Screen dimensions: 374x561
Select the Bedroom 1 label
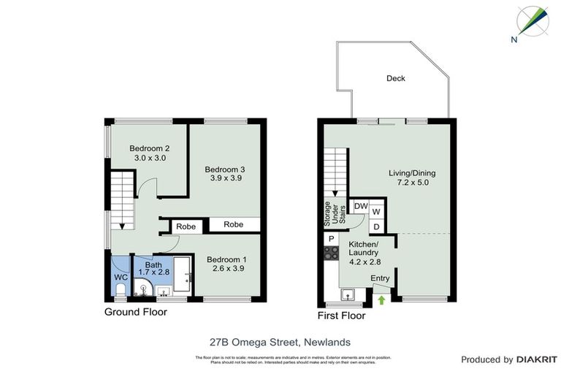[x=226, y=259]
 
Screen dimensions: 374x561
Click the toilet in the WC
[x=120, y=291]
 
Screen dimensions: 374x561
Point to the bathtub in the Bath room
[x=183, y=275]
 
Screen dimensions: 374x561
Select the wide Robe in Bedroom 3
[x=234, y=225]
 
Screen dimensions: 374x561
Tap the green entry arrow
[x=380, y=298]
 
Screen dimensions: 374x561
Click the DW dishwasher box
[x=360, y=207]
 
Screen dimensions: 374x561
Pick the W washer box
[x=377, y=212]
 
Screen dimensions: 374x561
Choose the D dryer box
[x=377, y=226]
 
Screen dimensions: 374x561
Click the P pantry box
[x=331, y=239]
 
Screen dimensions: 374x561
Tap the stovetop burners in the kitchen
[x=331, y=253]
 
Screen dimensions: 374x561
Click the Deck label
[x=395, y=79]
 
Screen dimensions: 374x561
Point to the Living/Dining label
[x=411, y=173]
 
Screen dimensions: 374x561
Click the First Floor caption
[x=341, y=316]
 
